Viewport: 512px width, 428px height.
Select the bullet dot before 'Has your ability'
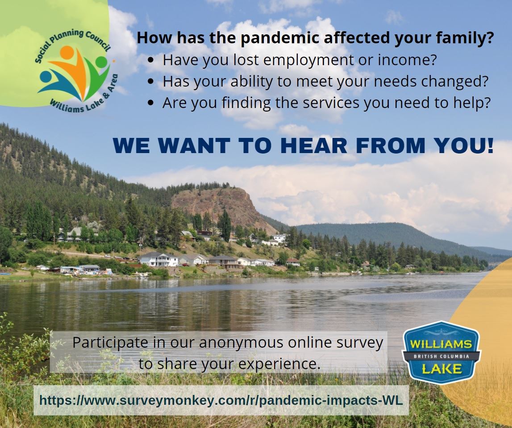(x=152, y=82)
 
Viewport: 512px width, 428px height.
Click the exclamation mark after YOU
(x=490, y=146)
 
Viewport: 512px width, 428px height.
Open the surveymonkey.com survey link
(x=221, y=400)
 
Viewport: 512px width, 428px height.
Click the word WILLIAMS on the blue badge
(x=441, y=344)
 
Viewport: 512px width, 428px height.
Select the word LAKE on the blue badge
(x=441, y=369)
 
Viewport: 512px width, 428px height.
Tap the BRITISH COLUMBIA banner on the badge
(x=441, y=356)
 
